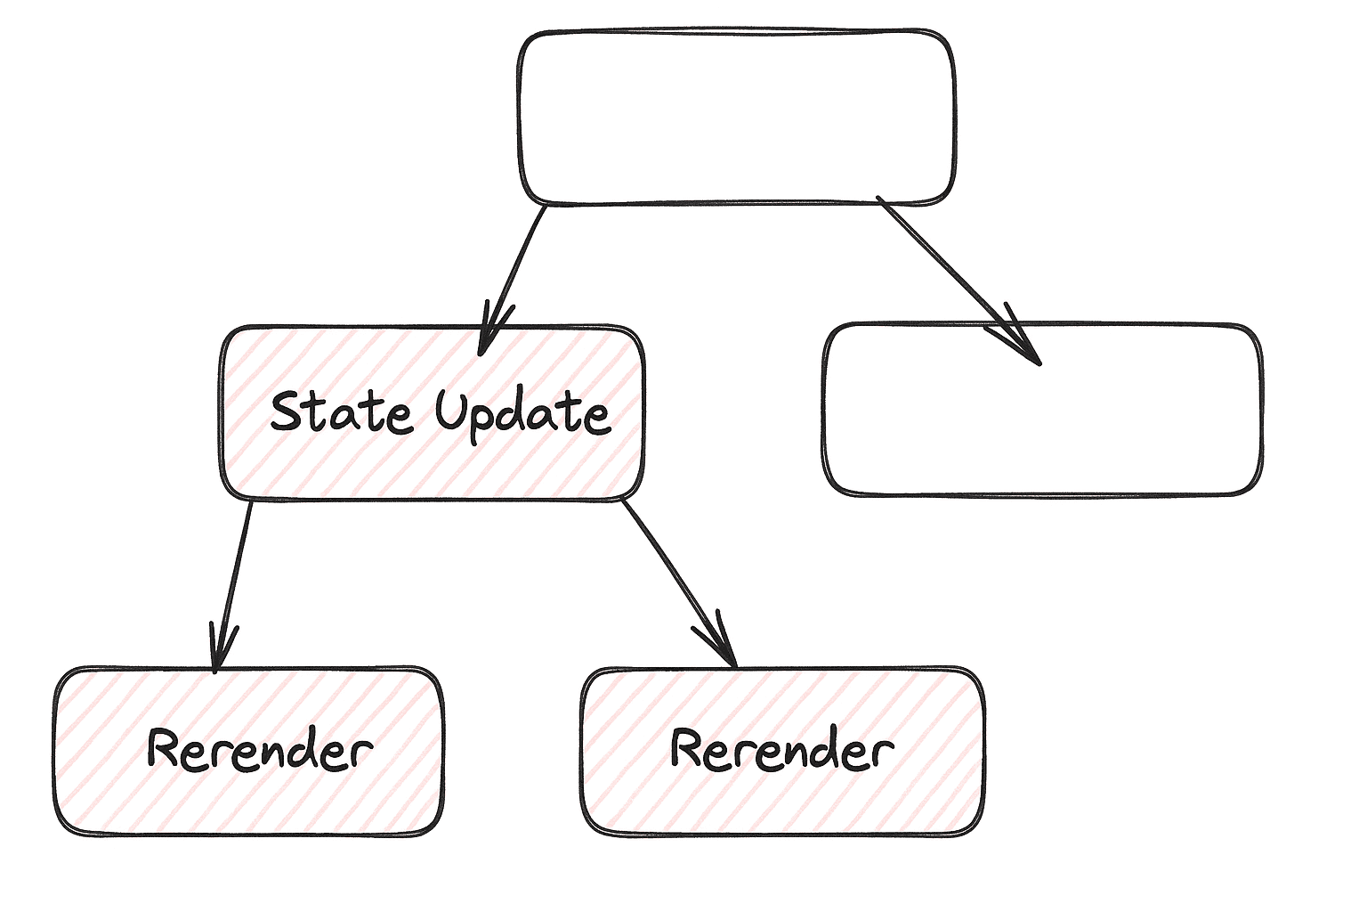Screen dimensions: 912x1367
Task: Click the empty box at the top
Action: coord(736,118)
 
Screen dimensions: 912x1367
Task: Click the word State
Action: coord(341,411)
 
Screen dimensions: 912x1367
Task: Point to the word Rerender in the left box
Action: coord(259,750)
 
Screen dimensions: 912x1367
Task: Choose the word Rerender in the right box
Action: coord(782,750)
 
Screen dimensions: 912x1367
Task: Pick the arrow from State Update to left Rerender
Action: coord(233,579)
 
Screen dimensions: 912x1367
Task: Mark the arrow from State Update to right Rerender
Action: coord(676,579)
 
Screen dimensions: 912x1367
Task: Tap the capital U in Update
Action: coord(451,410)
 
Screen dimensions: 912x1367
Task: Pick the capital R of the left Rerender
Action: coord(166,748)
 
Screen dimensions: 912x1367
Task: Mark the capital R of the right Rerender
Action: coord(689,748)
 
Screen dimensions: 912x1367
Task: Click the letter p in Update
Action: coord(484,420)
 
